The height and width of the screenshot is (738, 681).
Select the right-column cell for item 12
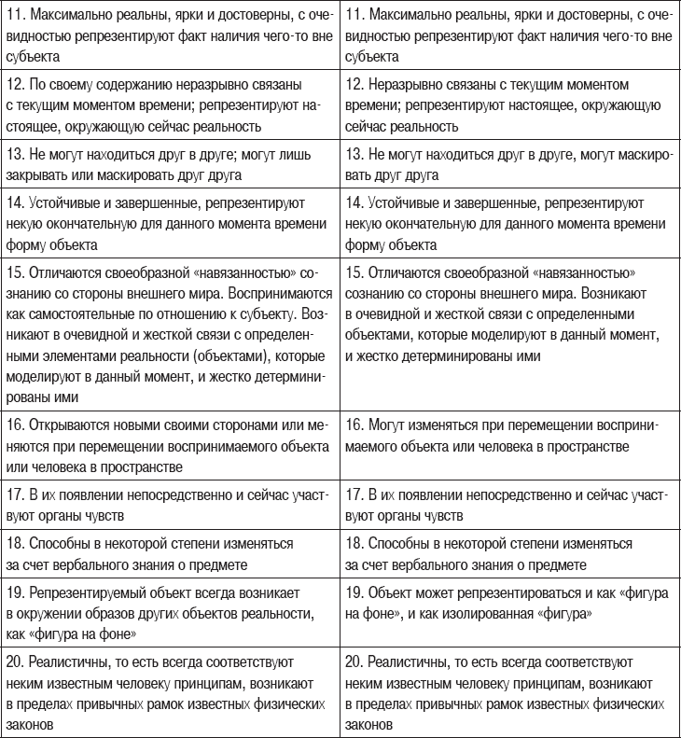click(x=509, y=104)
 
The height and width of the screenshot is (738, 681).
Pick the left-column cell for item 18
click(x=171, y=553)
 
